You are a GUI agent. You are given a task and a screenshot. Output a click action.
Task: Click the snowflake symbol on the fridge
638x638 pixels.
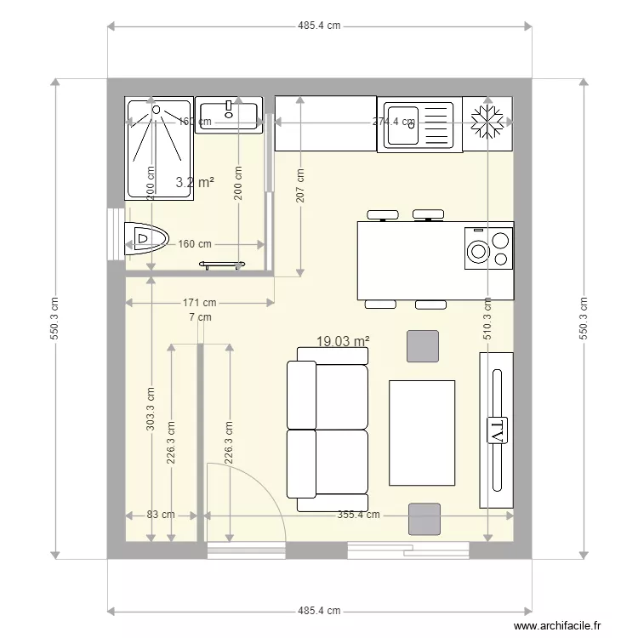pos(487,122)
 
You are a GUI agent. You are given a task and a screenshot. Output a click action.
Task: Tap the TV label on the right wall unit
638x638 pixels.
pos(497,430)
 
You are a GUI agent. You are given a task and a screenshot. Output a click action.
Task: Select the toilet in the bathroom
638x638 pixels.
pos(146,239)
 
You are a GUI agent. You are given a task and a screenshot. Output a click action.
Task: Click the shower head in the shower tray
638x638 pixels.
pos(157,109)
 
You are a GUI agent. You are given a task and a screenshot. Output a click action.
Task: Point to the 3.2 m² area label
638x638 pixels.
pos(194,182)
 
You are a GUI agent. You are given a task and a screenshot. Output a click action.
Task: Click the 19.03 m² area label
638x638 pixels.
pos(343,341)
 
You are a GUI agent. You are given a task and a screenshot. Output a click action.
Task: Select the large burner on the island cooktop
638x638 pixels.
pos(479,251)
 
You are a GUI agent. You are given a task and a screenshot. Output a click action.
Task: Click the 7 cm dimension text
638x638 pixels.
pos(200,317)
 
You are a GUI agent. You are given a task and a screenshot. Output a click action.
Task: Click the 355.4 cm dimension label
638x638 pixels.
pos(358,515)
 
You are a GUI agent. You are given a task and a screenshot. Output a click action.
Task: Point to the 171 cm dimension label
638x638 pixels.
pos(199,302)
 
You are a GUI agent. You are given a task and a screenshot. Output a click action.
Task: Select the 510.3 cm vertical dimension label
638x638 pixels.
pos(487,317)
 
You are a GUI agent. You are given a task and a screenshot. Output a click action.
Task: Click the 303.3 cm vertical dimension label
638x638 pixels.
pos(151,409)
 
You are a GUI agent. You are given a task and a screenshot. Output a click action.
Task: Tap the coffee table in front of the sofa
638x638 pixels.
pos(422,433)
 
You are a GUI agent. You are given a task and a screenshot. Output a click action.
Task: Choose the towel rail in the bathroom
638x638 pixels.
pos(222,264)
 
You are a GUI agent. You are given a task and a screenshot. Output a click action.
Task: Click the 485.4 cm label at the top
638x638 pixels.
pos(319,26)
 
